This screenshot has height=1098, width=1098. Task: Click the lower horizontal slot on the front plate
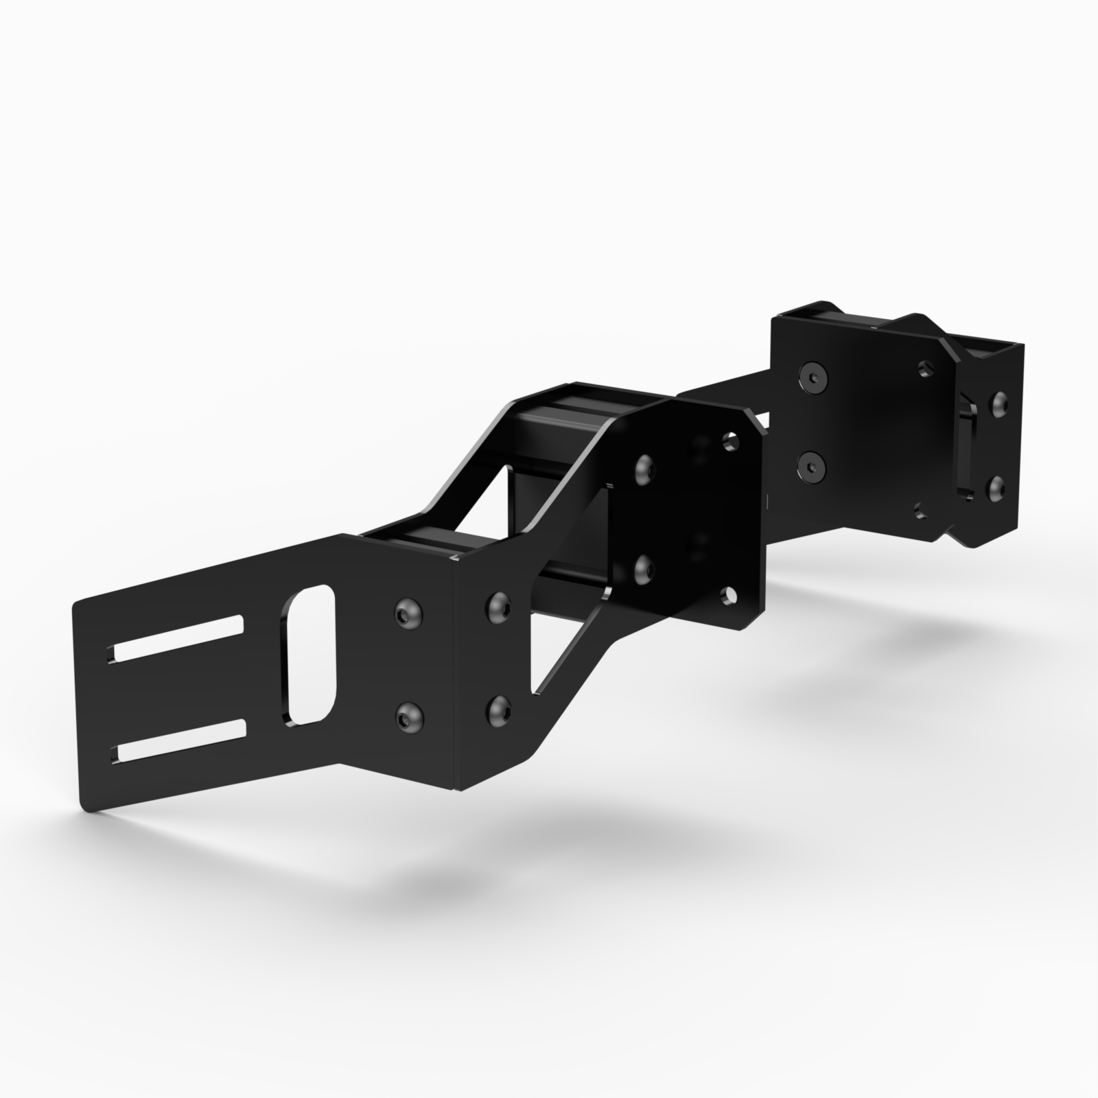[180, 740]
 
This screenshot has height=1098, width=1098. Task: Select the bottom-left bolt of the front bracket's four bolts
[410, 716]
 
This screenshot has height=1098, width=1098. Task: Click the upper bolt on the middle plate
[645, 468]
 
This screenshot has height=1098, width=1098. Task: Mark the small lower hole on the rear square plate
[922, 509]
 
